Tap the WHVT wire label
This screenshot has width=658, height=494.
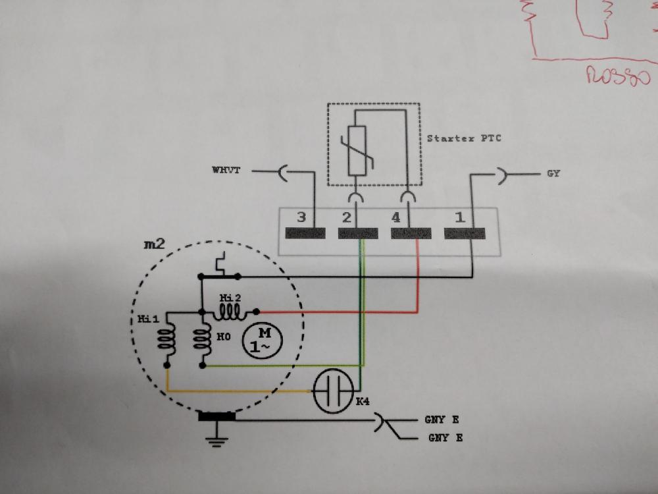click(x=226, y=171)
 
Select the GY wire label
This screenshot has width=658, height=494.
click(x=553, y=175)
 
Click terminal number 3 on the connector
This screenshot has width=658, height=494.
click(x=301, y=217)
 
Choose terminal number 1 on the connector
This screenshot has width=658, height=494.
click(x=459, y=217)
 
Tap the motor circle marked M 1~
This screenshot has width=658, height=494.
click(x=264, y=341)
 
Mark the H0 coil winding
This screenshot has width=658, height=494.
click(x=203, y=340)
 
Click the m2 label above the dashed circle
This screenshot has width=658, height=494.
click(x=154, y=244)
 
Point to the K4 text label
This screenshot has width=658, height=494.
click(x=363, y=401)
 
